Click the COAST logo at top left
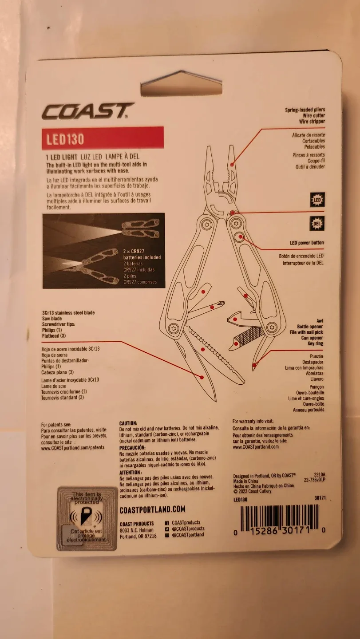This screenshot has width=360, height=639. (x=87, y=111)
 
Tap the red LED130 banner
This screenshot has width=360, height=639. (x=103, y=138)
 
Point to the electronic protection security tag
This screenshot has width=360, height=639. (x=87, y=518)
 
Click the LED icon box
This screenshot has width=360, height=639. (x=317, y=200)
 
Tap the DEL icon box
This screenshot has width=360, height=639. (x=317, y=223)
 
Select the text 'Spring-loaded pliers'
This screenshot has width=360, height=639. (x=305, y=110)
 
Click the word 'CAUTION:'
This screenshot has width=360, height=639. (x=128, y=424)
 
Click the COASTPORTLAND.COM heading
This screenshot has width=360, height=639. (x=152, y=510)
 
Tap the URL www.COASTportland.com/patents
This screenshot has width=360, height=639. (x=73, y=448)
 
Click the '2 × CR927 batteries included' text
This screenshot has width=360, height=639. (x=142, y=254)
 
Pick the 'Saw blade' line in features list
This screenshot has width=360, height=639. (x=52, y=319)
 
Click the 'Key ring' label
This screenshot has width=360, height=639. (x=314, y=344)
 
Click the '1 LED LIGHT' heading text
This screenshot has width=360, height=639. (x=62, y=157)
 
